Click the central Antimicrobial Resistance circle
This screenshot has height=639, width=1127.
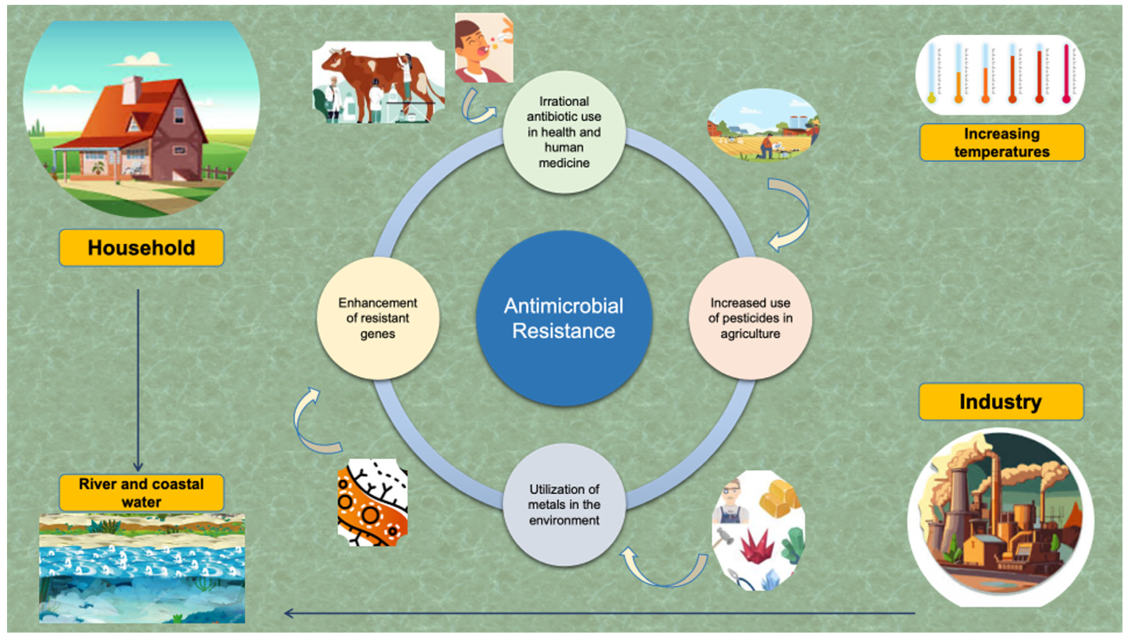(564, 318)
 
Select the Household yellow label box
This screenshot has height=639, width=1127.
(141, 248)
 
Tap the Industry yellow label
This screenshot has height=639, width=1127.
(1001, 402)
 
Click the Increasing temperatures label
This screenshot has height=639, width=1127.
(1002, 143)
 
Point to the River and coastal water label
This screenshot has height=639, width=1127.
(141, 493)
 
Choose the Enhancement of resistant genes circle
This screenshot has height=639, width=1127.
(377, 318)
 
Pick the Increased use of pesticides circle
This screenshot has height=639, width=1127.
(750, 318)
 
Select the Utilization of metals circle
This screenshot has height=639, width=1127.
(564, 505)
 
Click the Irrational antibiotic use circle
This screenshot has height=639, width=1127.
(564, 132)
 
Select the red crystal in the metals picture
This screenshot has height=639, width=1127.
(757, 546)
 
